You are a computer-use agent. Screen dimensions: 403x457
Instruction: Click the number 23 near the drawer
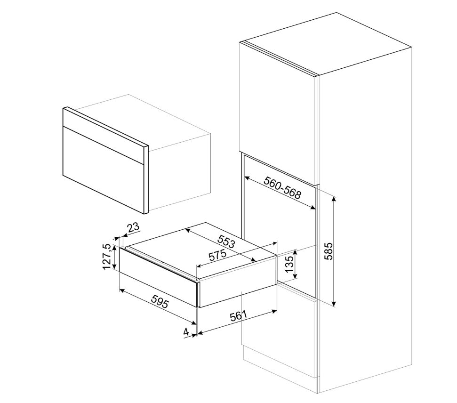tap(134, 228)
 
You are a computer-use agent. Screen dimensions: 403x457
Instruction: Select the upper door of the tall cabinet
tap(278, 104)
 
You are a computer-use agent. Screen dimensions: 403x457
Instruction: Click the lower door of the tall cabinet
tap(278, 339)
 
